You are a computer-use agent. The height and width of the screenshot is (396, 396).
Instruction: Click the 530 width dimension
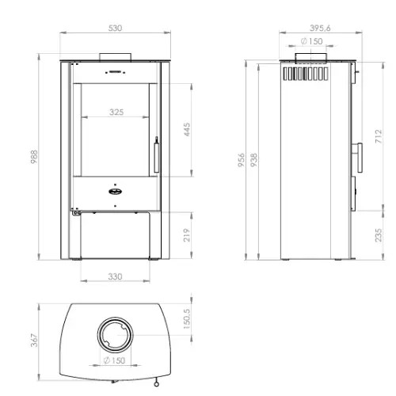point(115,28)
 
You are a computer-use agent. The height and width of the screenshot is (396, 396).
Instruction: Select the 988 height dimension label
point(34,157)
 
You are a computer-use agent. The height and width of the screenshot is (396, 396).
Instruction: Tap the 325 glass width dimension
point(116,112)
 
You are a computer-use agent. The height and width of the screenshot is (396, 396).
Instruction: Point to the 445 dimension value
point(187,129)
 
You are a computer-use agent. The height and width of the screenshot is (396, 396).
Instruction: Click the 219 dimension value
point(187,235)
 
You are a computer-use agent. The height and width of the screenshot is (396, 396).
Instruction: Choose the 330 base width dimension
point(115,276)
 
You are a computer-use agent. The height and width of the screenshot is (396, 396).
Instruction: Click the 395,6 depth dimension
point(320,28)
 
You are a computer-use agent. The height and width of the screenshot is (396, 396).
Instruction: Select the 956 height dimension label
point(242,160)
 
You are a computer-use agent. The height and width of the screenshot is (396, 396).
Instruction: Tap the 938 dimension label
point(253,160)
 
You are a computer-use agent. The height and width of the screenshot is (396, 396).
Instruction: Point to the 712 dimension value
point(379,136)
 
